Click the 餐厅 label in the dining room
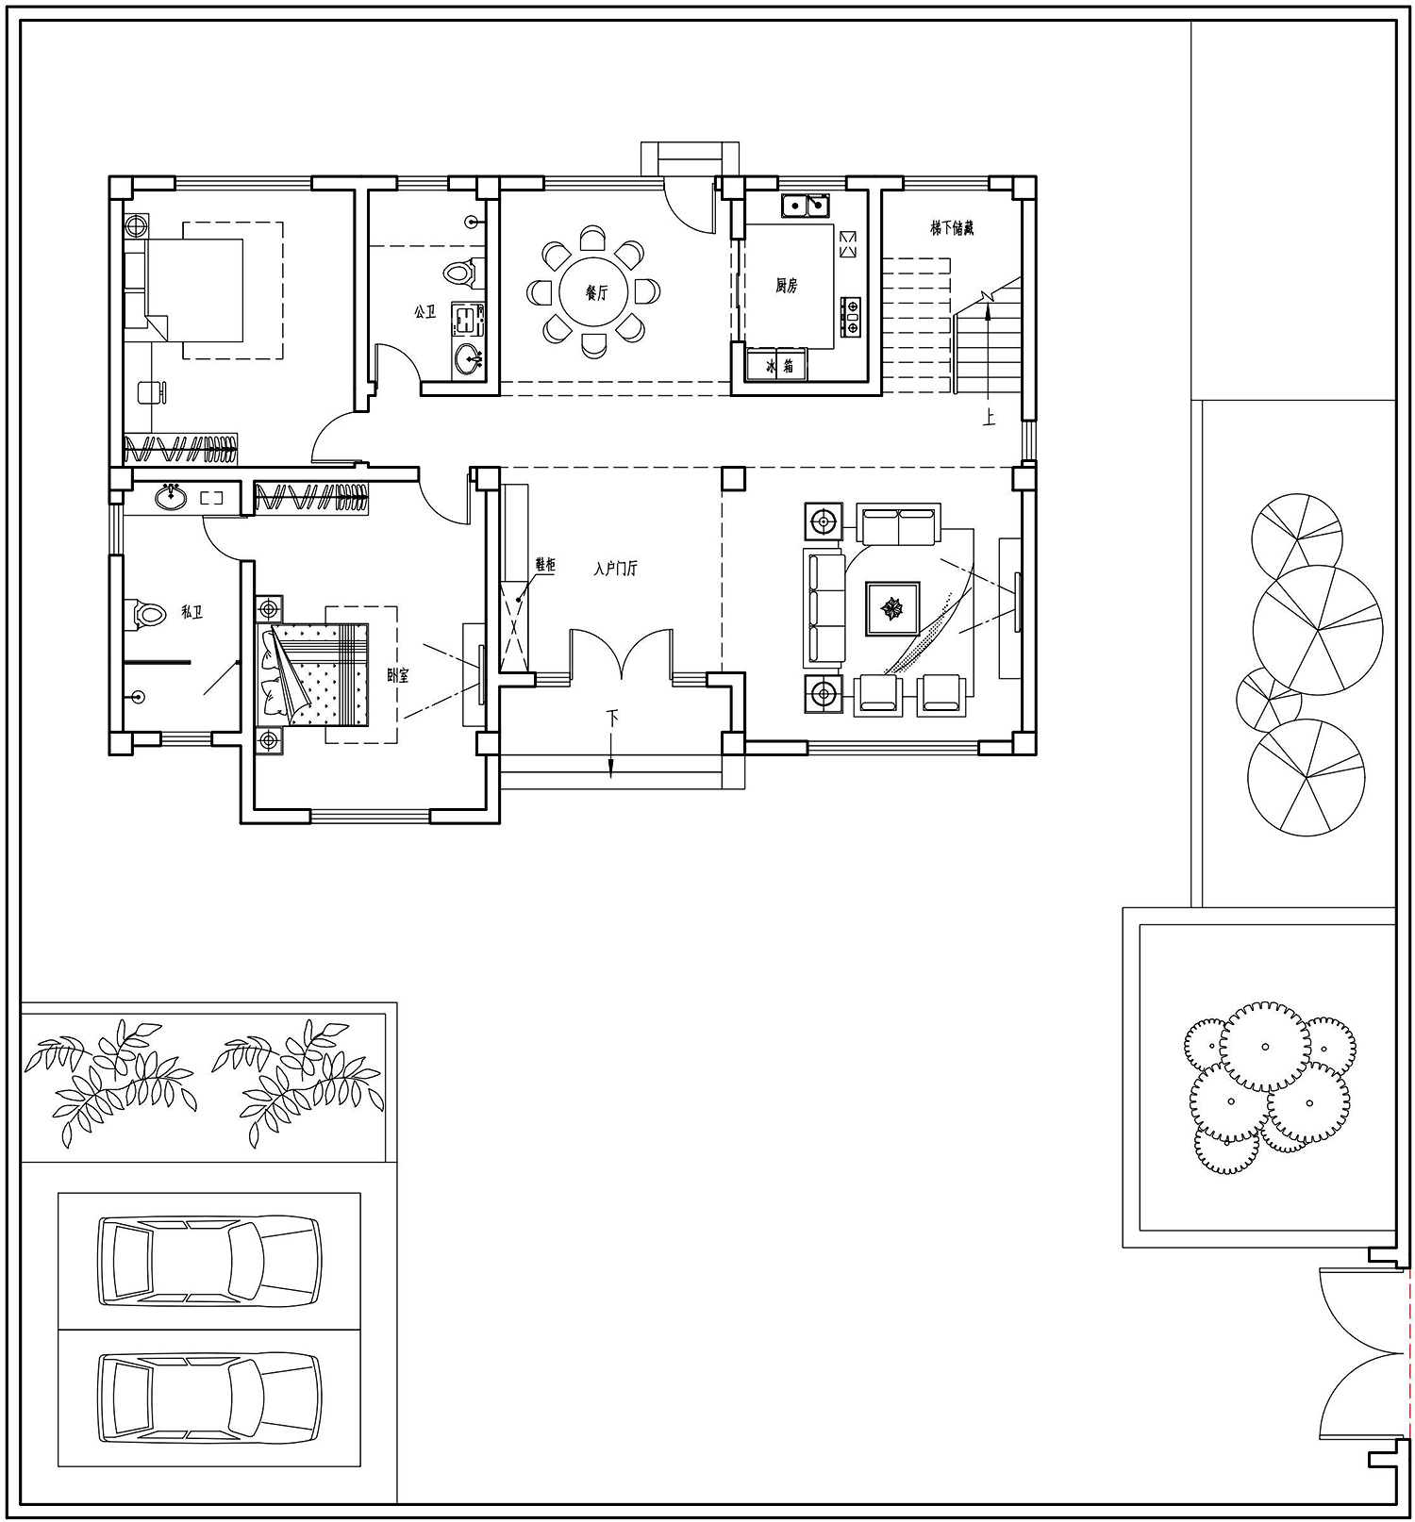(596, 293)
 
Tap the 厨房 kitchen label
(787, 286)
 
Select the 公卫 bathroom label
(425, 311)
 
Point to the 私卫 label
(191, 613)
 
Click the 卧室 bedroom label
(398, 675)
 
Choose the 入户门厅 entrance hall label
(616, 569)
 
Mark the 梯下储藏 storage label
(951, 228)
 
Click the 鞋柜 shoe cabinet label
(545, 565)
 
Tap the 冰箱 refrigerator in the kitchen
(776, 365)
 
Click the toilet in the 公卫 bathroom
(459, 273)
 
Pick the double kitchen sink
(806, 205)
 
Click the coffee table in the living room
(892, 609)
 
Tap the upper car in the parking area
(209, 1261)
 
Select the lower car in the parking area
(209, 1398)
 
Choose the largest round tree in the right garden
(1318, 630)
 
